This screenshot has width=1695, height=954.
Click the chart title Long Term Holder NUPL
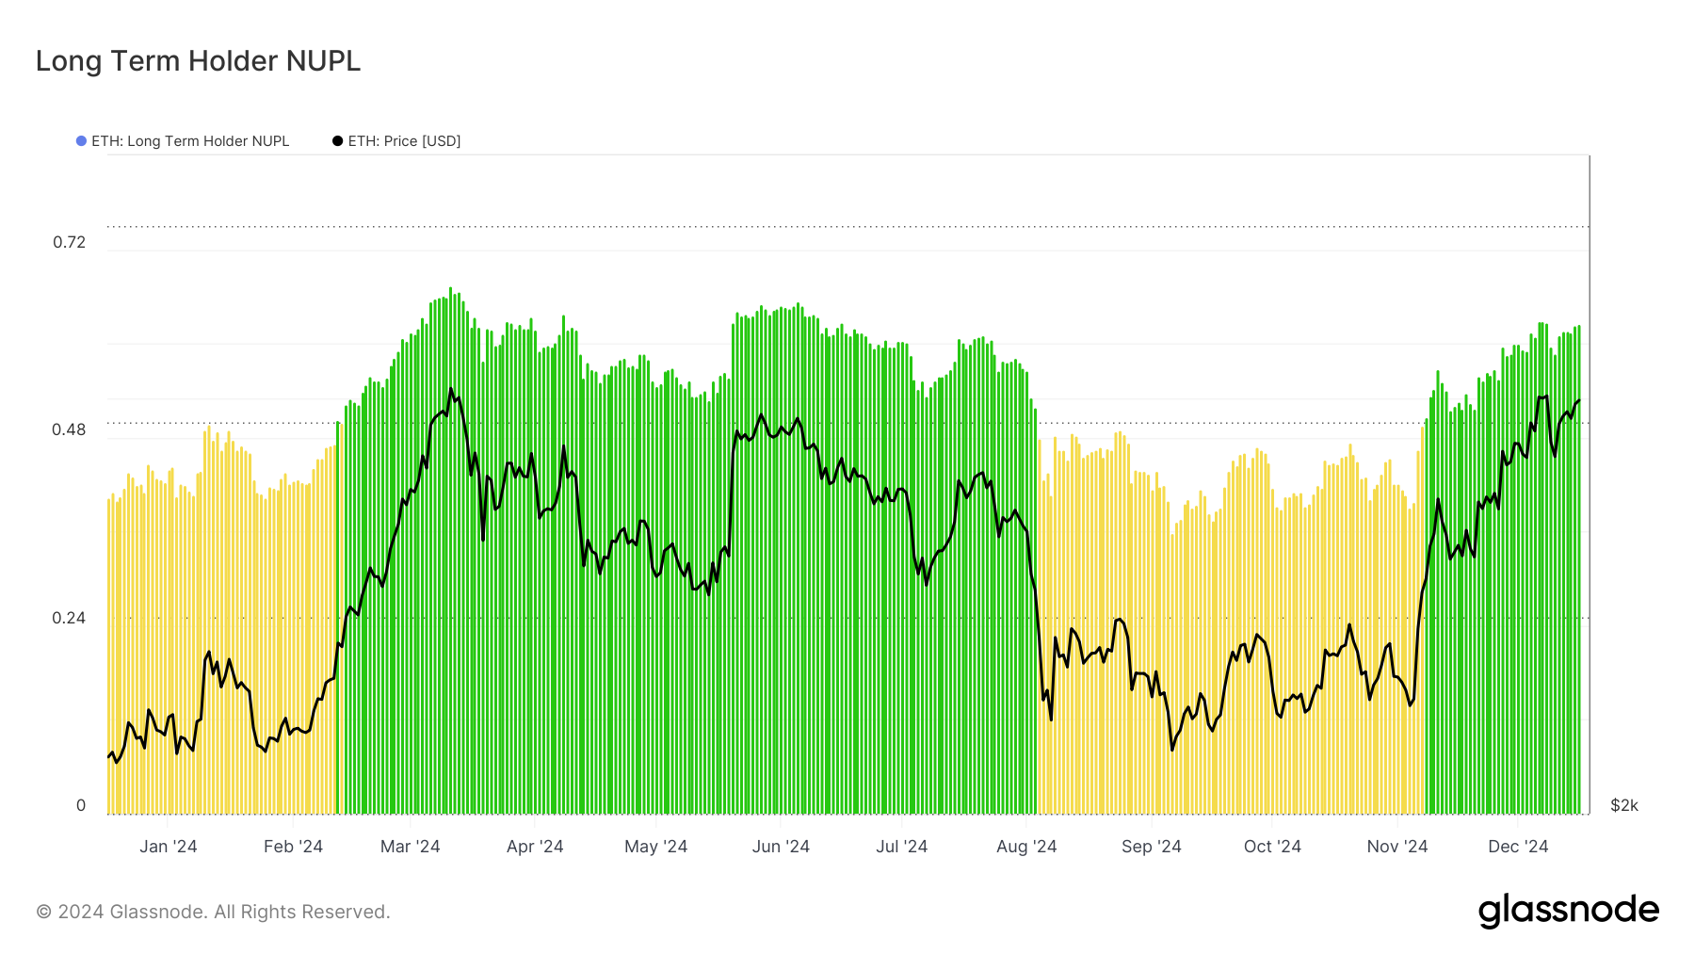pos(198,61)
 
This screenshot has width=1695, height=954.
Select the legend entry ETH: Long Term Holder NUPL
pos(189,141)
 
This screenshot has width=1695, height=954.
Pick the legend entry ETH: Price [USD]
pos(404,141)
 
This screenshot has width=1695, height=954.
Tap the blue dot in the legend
pos(81,141)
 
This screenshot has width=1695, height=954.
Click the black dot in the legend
pos(337,141)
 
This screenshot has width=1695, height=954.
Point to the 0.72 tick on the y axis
pos(69,242)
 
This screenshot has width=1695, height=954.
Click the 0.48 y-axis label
pos(69,429)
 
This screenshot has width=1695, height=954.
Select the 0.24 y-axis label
pos(69,618)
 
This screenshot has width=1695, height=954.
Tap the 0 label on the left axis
pos(81,805)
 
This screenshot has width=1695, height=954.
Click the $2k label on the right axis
pos(1624,805)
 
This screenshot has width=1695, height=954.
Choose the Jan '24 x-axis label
pos(169,847)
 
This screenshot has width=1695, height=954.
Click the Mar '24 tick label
pos(410,847)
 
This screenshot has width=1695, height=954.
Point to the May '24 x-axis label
pos(655,847)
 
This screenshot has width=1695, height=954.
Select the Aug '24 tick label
pos(1026,847)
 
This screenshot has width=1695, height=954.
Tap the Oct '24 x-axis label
pos(1272,847)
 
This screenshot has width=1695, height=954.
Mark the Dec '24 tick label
pos(1518,847)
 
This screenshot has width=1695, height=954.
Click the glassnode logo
pos(1569,911)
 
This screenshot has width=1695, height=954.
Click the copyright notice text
pos(213,912)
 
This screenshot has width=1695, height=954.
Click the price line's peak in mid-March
pos(451,389)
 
